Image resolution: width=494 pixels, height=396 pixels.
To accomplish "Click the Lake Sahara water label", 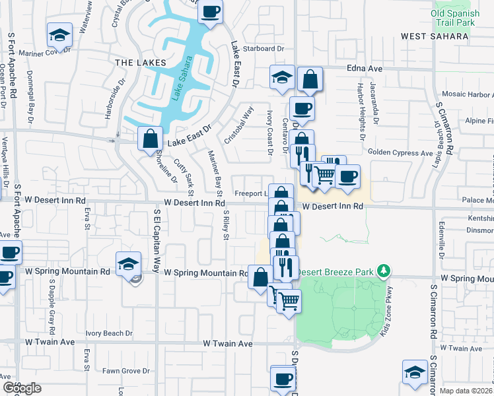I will click(x=179, y=79).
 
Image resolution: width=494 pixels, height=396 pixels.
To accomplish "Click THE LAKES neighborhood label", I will click(x=134, y=62).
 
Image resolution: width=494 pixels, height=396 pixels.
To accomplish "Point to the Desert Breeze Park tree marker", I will click(x=382, y=271).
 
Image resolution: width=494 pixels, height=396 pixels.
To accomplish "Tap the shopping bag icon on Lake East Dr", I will click(x=150, y=139).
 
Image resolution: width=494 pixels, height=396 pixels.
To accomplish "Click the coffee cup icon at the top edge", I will click(x=210, y=11).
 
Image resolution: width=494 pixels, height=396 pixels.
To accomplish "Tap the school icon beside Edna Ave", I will click(x=282, y=77).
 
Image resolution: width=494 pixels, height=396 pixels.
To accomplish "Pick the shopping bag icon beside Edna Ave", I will click(x=310, y=80).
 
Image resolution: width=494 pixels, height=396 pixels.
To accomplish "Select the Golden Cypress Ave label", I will click(x=400, y=153).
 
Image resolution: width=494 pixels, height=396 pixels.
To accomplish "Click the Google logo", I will click(x=22, y=388).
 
